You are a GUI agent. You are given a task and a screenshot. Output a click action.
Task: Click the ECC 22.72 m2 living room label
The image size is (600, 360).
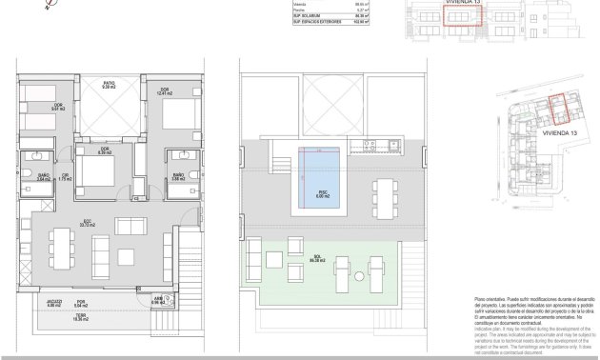pyautogui.click(x=87, y=225)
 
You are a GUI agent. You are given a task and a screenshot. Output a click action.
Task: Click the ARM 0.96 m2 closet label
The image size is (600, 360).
pyautogui.click(x=156, y=301)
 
